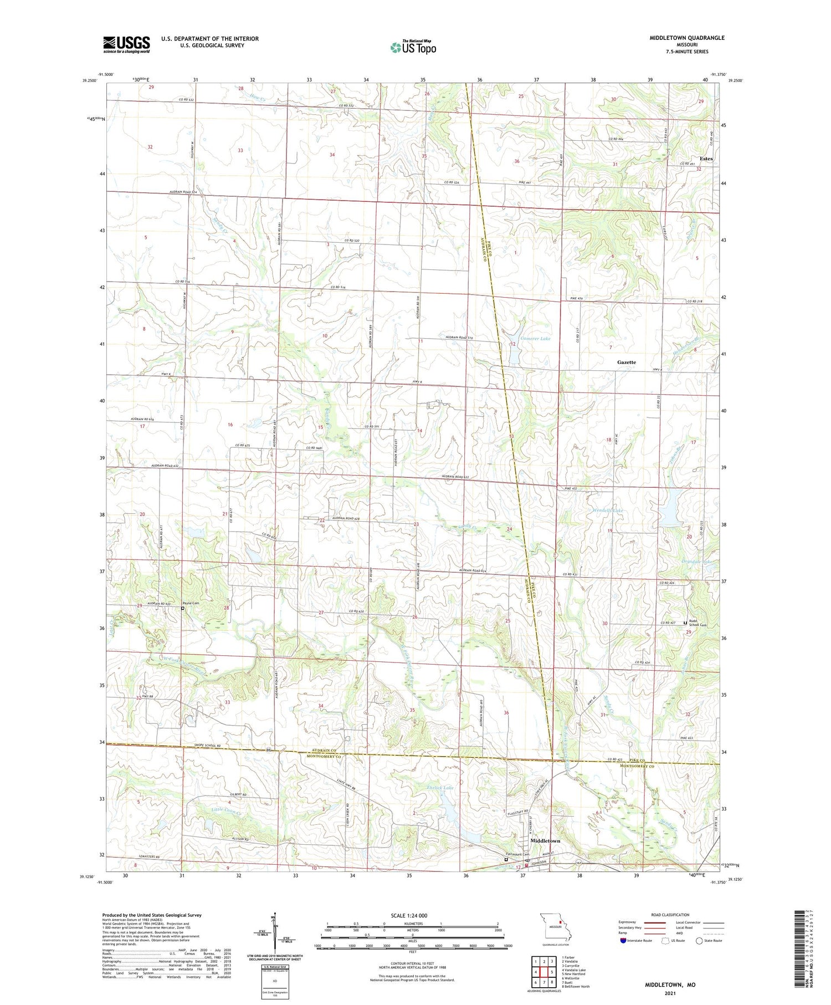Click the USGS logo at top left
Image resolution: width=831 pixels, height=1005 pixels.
pos(126,44)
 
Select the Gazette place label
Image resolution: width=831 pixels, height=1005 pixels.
pos(627,362)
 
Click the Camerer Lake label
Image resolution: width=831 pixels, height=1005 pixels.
pos(535,338)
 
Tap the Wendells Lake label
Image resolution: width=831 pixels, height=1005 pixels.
pos(608,510)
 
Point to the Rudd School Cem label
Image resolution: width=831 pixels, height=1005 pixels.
pos(698,623)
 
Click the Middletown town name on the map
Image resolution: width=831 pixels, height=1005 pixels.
pos(545,840)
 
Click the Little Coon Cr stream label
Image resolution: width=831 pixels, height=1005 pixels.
pos(227,811)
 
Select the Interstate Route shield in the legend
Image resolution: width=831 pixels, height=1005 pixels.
pos(624,940)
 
